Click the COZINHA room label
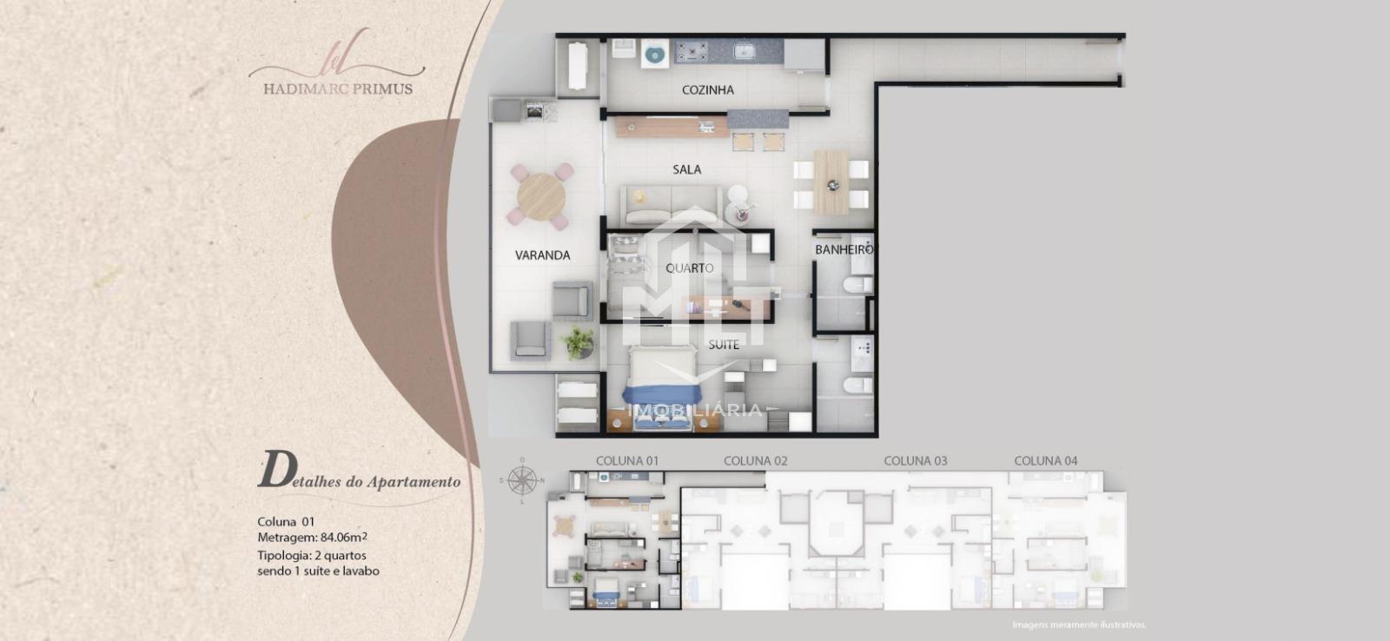pos(707,90)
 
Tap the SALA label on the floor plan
pos(687,169)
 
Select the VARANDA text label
pos(542,255)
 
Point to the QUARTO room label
pos(690,268)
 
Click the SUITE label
pos(724,345)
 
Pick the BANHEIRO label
pos(844,249)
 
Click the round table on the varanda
pos(541,196)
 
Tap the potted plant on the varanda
pos(578,342)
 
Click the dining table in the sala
pos(831,182)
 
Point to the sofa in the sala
pos(672,205)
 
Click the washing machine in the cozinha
pos(654,53)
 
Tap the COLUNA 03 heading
pos(916,461)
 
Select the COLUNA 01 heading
pos(627,461)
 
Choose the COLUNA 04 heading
pos(1046,461)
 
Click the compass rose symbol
pos(522,479)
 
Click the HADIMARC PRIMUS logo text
pos(338,89)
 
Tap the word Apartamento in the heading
pos(414,481)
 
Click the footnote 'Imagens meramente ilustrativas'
pos(1079,624)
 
